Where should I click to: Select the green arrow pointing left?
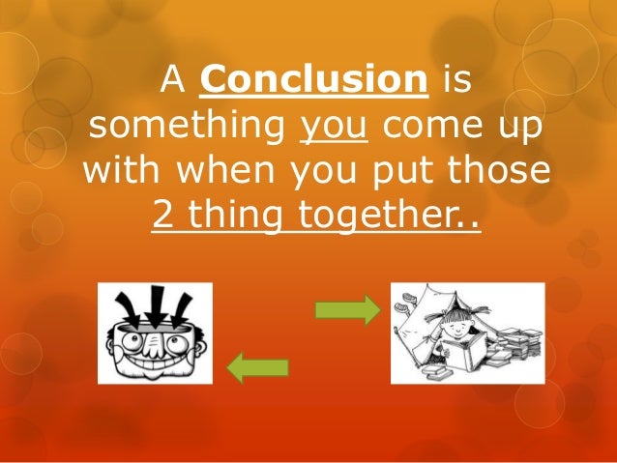pyautogui.click(x=257, y=367)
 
